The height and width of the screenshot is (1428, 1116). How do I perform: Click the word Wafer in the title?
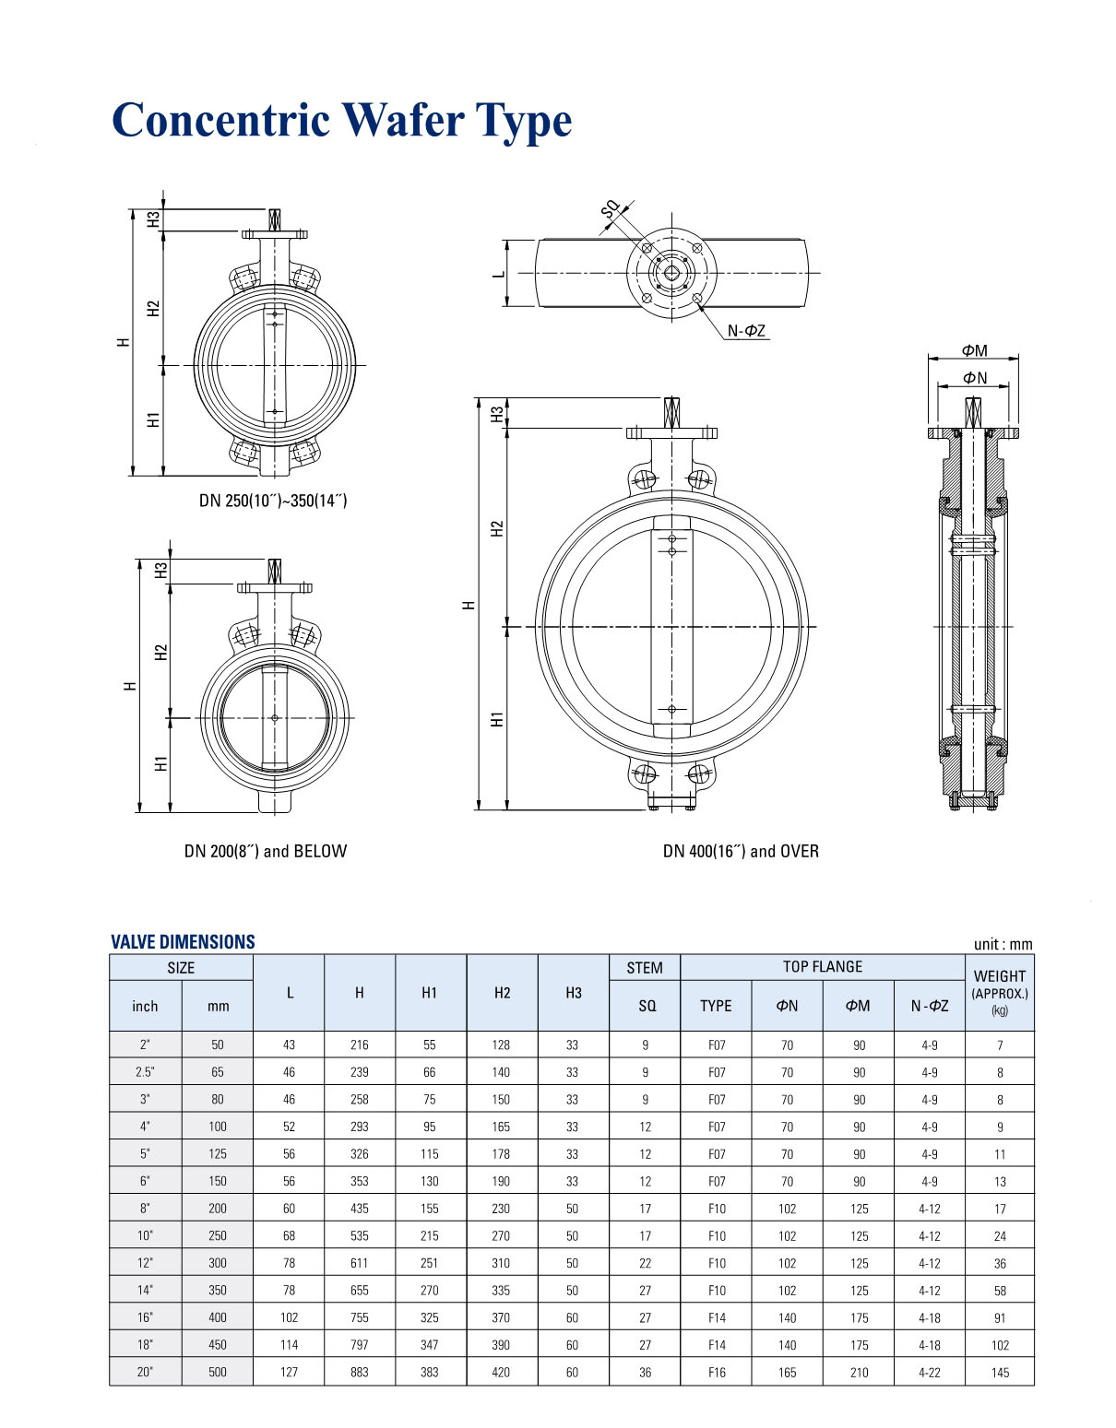point(403,120)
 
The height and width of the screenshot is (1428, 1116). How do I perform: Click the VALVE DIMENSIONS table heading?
point(183,941)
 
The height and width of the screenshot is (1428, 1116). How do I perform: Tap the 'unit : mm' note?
point(1003,944)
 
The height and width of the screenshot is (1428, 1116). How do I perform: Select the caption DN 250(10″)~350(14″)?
point(273,501)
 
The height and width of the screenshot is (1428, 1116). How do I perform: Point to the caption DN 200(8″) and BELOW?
point(266,851)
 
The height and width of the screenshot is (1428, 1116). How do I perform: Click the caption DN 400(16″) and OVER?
point(741,851)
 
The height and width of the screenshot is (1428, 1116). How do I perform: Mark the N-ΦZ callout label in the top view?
point(746,331)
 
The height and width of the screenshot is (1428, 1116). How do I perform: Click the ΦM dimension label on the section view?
point(974,350)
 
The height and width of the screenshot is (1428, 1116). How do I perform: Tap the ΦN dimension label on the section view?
point(974,378)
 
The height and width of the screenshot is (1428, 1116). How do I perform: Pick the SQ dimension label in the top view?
point(611,212)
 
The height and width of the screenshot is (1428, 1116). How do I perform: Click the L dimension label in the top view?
point(499,274)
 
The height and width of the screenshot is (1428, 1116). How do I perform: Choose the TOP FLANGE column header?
point(822,966)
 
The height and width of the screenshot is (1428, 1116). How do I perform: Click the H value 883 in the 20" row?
point(360,1372)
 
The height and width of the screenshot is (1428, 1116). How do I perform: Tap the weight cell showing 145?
point(1000,1372)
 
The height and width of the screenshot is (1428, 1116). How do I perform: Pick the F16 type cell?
point(717,1372)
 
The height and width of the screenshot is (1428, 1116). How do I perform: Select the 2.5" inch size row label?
point(145,1072)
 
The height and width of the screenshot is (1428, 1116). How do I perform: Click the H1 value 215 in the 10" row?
point(430,1235)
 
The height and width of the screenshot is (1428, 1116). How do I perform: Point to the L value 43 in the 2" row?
point(289,1044)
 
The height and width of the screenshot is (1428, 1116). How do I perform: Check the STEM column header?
point(645,967)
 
